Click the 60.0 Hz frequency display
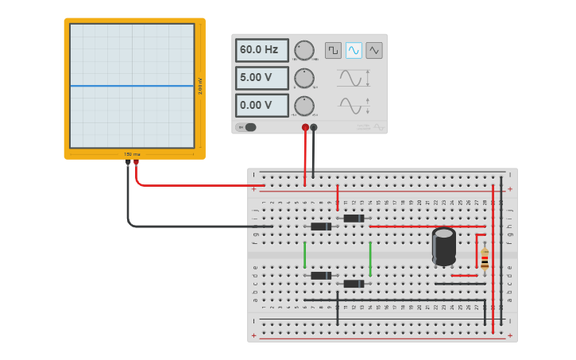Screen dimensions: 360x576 (x=261, y=50)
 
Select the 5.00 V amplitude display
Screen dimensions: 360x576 (x=261, y=78)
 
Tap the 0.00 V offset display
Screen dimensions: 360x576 (x=261, y=105)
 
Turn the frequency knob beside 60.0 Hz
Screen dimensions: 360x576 (x=304, y=50)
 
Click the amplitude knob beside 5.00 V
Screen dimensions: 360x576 (x=304, y=78)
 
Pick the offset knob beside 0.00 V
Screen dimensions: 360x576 (x=304, y=106)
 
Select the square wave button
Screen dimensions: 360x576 (x=333, y=50)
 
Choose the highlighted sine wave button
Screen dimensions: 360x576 (x=354, y=50)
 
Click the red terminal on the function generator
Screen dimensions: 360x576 (x=305, y=127)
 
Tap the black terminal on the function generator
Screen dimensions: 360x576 (x=314, y=127)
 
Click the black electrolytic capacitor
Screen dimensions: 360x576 (x=444, y=246)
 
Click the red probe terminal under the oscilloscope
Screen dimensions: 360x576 (x=136, y=162)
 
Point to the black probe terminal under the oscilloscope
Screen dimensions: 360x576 (x=127, y=162)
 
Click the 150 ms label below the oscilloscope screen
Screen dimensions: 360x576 (x=132, y=154)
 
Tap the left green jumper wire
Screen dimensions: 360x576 (x=304, y=254)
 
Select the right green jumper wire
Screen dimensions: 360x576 (x=370, y=258)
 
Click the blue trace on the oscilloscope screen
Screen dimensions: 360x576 (x=132, y=86)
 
